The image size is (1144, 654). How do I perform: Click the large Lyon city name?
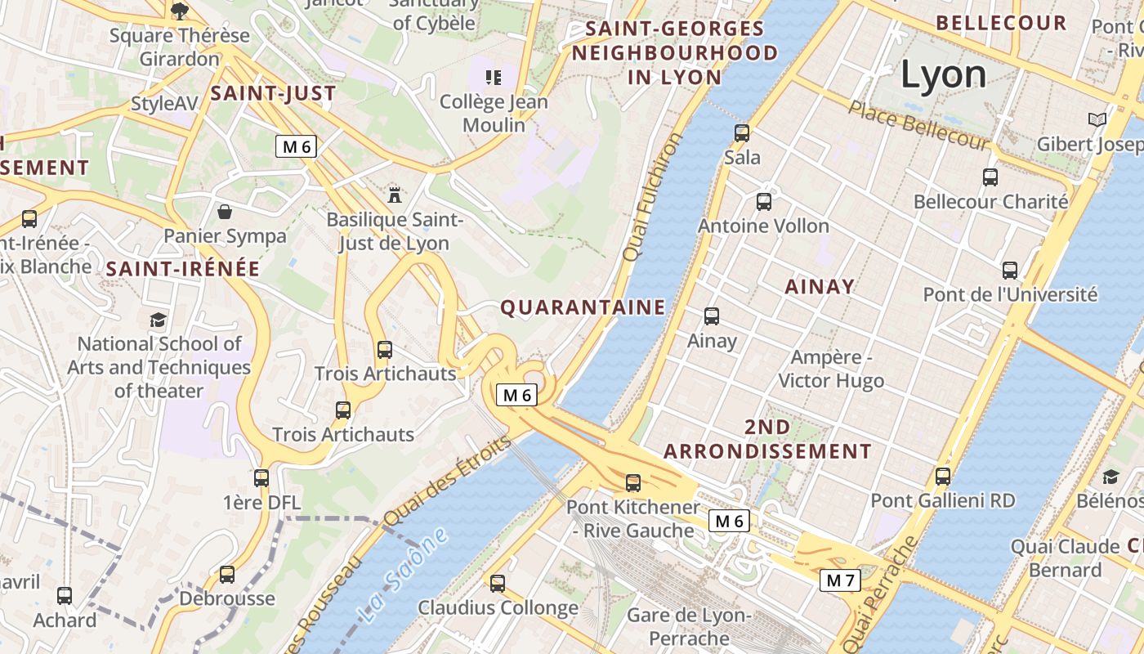pos(943,75)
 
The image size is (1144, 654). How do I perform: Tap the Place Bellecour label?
pos(918,125)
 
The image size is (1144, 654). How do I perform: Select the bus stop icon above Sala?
pos(742,132)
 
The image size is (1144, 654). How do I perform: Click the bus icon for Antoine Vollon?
pos(764,201)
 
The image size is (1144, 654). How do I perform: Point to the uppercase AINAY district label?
pos(820,286)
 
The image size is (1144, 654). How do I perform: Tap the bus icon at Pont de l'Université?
pos(1010,270)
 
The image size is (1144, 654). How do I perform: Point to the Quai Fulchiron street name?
pos(652,197)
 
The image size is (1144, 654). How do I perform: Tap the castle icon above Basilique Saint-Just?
pos(395,195)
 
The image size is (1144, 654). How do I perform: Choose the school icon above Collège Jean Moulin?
pos(494,78)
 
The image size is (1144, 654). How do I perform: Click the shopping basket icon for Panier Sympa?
pos(225,213)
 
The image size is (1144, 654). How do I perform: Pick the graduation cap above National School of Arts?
pos(158,320)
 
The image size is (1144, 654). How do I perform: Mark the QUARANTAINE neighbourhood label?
pos(583,307)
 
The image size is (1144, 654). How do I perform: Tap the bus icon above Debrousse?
pos(227,575)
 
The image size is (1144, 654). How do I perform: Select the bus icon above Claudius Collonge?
pos(498,584)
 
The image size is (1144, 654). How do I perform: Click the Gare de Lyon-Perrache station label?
pos(689,626)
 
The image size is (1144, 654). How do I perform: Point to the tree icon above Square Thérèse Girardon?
pos(180,11)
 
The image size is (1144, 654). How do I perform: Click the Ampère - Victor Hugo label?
pos(831,369)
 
